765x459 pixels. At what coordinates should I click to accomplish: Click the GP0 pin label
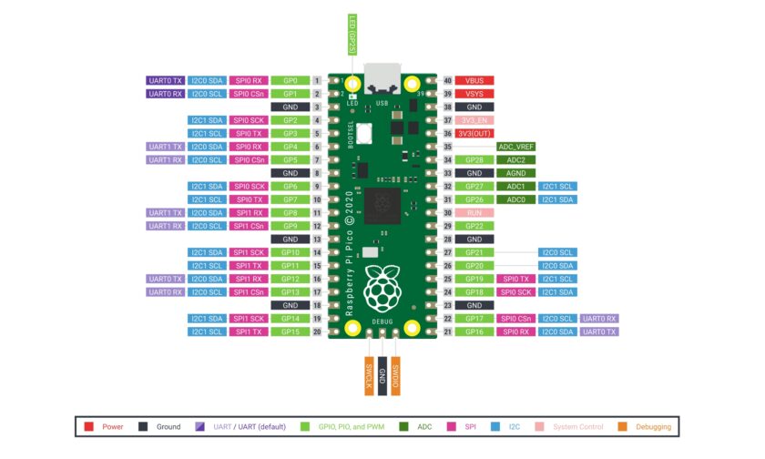(x=290, y=80)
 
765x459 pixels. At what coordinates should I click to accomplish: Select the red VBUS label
(x=474, y=80)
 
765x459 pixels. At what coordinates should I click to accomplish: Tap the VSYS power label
(x=474, y=94)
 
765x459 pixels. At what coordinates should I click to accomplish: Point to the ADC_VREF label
(x=515, y=147)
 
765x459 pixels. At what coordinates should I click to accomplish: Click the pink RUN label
(x=474, y=212)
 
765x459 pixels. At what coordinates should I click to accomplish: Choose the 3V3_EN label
(x=474, y=120)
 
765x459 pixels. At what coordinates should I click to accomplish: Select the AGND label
(x=515, y=173)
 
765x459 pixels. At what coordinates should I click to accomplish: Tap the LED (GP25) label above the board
(x=352, y=36)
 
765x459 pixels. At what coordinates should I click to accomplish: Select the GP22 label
(x=474, y=226)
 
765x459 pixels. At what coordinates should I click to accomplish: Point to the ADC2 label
(x=515, y=159)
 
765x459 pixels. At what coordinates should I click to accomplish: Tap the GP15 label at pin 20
(x=290, y=331)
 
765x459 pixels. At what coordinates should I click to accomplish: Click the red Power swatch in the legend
(x=89, y=426)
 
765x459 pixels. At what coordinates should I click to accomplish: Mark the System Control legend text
(x=577, y=426)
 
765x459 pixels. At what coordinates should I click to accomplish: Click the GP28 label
(x=474, y=159)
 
